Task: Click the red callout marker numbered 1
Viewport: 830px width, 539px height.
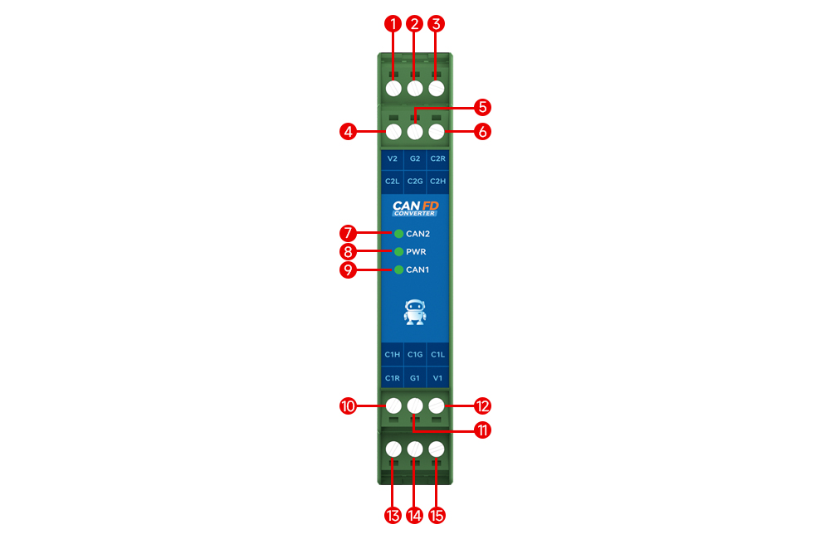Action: click(393, 24)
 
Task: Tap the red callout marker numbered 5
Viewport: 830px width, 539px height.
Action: click(482, 107)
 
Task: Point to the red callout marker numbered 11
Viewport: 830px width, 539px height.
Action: click(482, 430)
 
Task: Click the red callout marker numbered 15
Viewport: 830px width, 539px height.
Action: click(437, 515)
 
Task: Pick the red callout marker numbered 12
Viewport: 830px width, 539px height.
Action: click(482, 406)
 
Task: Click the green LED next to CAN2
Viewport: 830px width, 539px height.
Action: click(399, 234)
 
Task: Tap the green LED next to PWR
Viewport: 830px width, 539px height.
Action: click(399, 251)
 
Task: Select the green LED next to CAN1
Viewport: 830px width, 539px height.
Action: click(399, 269)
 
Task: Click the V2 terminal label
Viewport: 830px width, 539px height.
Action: click(393, 158)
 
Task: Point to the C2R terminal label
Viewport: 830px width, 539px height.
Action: click(437, 158)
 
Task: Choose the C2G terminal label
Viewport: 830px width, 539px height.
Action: click(415, 181)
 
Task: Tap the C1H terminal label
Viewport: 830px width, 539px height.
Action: click(393, 355)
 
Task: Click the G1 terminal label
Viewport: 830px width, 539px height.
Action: click(415, 378)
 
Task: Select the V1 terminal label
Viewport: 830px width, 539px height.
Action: click(437, 378)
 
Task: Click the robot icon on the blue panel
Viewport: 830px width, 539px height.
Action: click(415, 312)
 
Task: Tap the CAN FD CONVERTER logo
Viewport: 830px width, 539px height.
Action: click(415, 207)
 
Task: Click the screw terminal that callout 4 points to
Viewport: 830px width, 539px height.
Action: click(394, 131)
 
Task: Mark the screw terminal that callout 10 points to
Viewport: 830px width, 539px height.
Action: click(394, 406)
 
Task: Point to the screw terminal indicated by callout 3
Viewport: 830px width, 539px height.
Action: click(437, 88)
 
